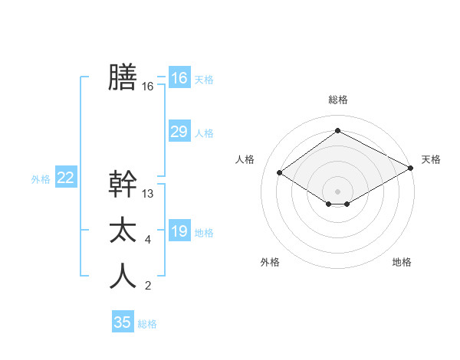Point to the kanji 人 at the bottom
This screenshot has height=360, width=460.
pyautogui.click(x=123, y=277)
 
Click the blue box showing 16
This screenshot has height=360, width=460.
pyautogui.click(x=179, y=78)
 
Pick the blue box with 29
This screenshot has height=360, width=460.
pyautogui.click(x=179, y=132)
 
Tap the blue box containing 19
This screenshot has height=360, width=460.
pyautogui.click(x=179, y=231)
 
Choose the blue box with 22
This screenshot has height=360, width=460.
pyautogui.click(x=66, y=178)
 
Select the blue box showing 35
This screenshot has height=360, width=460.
pyautogui.click(x=123, y=322)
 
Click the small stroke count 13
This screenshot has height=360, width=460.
pyautogui.click(x=148, y=194)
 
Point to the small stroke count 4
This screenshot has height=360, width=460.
pyautogui.click(x=147, y=241)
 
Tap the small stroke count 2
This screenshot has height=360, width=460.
pyautogui.click(x=147, y=286)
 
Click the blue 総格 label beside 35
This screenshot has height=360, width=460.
pyautogui.click(x=147, y=324)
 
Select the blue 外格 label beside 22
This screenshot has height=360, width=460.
pyautogui.click(x=41, y=179)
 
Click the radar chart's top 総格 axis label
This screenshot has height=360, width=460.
pyautogui.click(x=337, y=100)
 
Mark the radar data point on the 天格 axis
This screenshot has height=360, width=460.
pyautogui.click(x=412, y=169)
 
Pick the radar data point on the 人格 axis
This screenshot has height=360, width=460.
pyautogui.click(x=280, y=173)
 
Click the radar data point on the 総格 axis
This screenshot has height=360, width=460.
pyautogui.click(x=337, y=131)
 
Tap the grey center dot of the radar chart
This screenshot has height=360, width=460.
pyautogui.click(x=337, y=191)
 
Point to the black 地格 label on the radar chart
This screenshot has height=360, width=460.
pyautogui.click(x=402, y=262)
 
